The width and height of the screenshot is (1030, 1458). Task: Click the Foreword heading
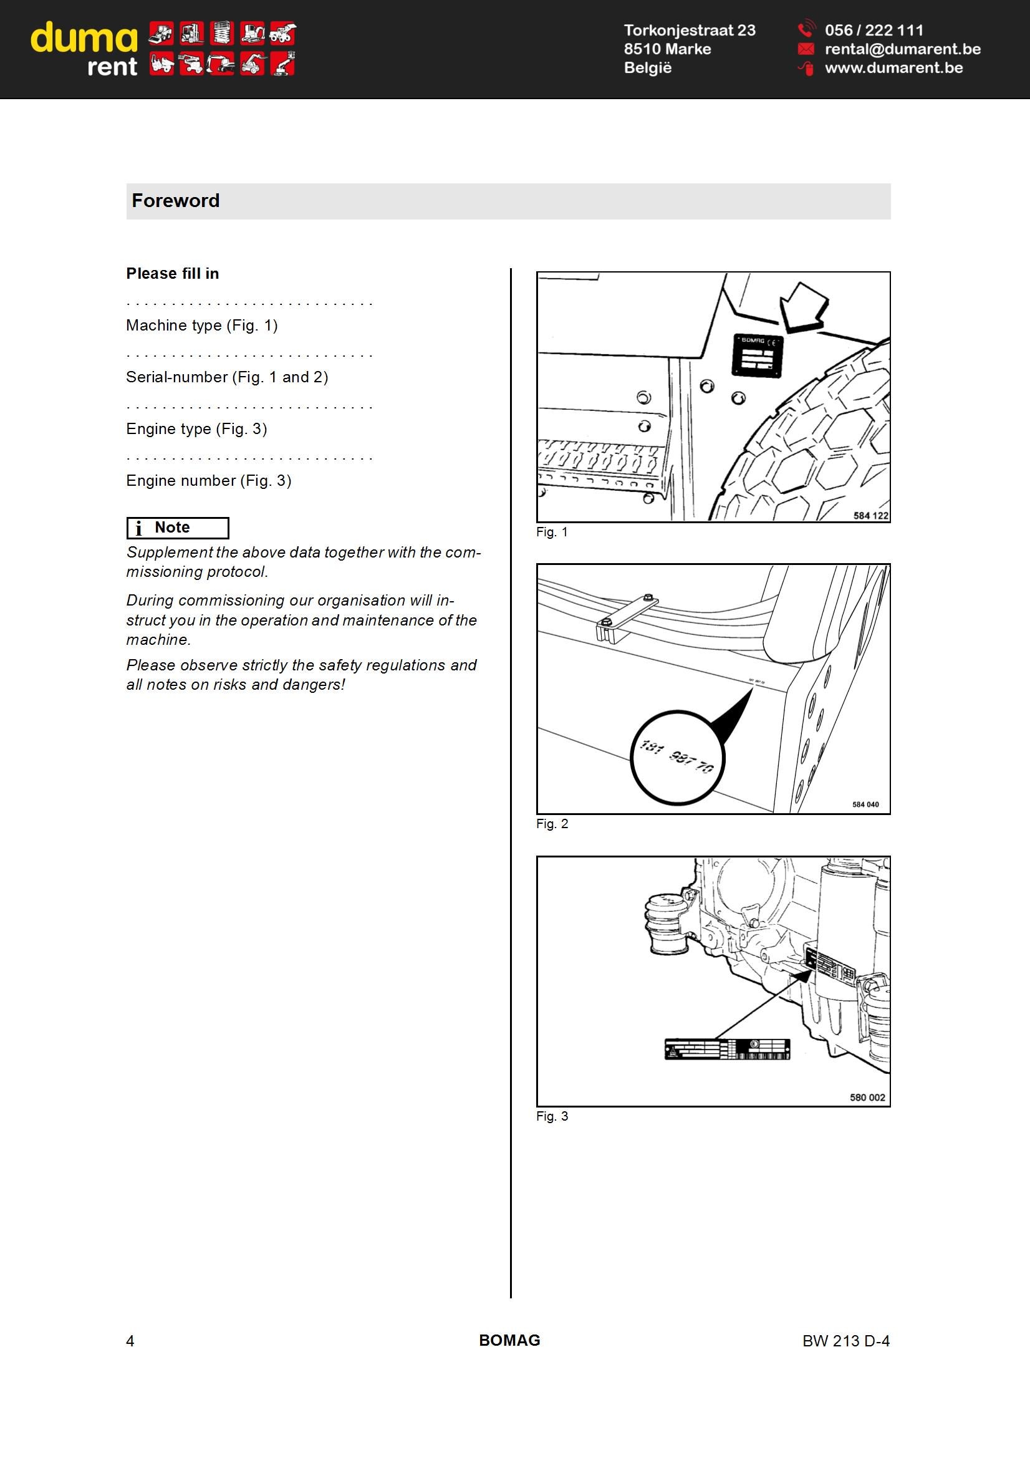175,201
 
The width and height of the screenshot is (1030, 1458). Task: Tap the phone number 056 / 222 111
874,30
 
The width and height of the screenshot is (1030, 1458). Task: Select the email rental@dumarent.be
902,49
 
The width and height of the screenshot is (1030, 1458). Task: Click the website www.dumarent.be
893,68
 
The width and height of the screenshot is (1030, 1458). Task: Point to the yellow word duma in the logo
84,38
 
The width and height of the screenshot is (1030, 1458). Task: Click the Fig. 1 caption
552,532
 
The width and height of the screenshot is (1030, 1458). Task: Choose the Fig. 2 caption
552,824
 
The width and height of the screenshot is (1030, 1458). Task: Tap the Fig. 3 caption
552,1116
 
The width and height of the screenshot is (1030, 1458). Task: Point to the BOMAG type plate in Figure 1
758,355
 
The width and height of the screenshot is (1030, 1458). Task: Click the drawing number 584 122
870,515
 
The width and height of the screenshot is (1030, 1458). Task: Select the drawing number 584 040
865,804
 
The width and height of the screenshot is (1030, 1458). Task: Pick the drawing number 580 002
867,1097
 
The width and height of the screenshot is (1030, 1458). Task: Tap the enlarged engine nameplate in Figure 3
727,1049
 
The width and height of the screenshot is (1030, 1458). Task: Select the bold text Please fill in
173,274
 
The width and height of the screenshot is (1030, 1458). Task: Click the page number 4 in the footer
130,1341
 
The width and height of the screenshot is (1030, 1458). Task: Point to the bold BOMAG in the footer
509,1340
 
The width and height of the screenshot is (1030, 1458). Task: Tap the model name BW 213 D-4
846,1341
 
